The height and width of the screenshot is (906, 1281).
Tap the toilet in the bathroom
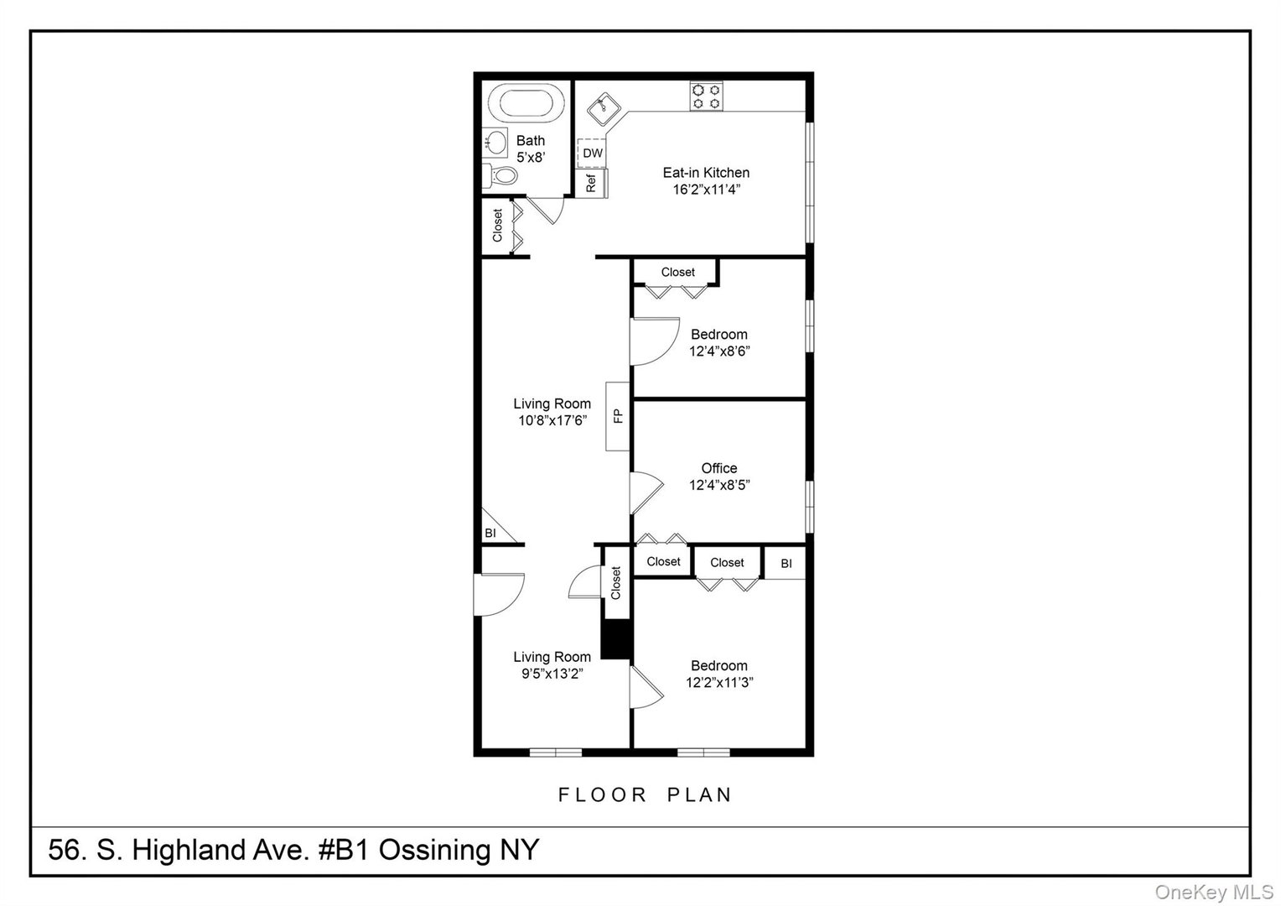pyautogui.click(x=501, y=176)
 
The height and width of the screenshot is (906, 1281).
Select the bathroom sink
pyautogui.click(x=495, y=142)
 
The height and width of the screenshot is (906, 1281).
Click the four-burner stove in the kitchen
pyautogui.click(x=706, y=96)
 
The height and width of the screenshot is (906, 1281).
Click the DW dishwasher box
pyautogui.click(x=592, y=154)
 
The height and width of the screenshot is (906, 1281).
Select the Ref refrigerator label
pyautogui.click(x=591, y=183)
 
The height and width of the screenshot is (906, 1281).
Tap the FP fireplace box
pyautogui.click(x=618, y=415)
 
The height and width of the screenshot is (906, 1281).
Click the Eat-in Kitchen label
pyautogui.click(x=706, y=173)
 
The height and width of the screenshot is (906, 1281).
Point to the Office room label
pyautogui.click(x=719, y=468)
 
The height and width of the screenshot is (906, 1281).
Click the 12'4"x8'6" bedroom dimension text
pyautogui.click(x=719, y=351)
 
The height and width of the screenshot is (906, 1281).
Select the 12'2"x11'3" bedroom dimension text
pyautogui.click(x=719, y=683)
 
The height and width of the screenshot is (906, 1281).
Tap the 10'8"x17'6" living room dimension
pyautogui.click(x=552, y=421)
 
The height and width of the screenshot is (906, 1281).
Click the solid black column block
pyautogui.click(x=617, y=639)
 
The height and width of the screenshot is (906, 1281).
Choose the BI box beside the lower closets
pyautogui.click(x=786, y=564)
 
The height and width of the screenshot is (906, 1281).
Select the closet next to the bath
pyautogui.click(x=497, y=225)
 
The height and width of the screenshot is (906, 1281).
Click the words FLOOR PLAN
pyautogui.click(x=646, y=794)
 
